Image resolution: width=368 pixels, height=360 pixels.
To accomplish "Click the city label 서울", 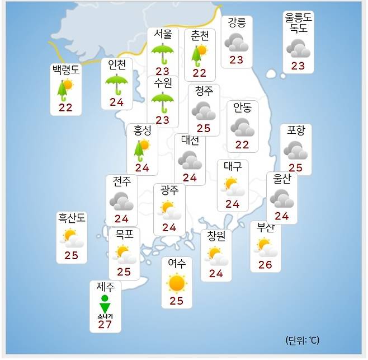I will point(163,34).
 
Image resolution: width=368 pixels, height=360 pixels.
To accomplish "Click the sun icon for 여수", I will point(177,283).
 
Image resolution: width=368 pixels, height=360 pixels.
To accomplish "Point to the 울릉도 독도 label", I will point(298,23).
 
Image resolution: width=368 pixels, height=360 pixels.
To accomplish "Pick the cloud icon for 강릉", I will point(237,42).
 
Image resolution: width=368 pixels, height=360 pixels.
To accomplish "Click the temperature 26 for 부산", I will point(265,265).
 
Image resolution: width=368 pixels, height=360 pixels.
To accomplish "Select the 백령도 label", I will point(66,69).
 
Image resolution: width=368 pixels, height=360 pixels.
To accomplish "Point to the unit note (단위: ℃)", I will point(302,340).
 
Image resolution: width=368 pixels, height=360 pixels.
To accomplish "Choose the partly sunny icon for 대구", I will point(232,185).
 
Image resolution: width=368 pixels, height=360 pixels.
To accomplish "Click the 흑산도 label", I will point(72,217).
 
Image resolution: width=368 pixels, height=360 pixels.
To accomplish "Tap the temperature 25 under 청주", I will point(204,128).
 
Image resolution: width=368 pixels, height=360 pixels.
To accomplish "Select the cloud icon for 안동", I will point(242,127).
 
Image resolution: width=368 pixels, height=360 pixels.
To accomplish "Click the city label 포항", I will point(296,130).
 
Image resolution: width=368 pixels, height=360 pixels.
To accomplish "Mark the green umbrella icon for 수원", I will point(163,102).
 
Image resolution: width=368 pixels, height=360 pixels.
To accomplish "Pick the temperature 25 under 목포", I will point(124,273).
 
